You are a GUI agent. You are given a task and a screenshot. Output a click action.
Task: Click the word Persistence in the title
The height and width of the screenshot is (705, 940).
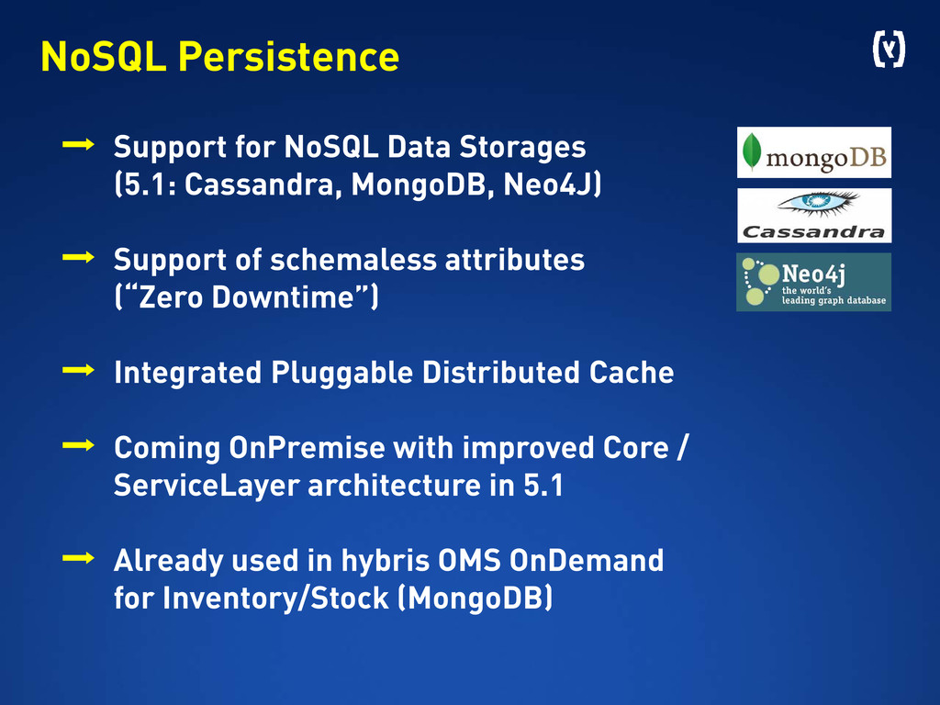click(x=288, y=57)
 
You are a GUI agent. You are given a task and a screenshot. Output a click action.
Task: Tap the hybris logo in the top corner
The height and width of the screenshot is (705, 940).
click(x=889, y=50)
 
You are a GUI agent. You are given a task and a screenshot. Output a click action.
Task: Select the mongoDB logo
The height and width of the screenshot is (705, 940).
click(x=813, y=152)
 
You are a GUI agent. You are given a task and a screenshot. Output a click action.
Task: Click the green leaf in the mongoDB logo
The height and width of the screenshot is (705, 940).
click(x=752, y=151)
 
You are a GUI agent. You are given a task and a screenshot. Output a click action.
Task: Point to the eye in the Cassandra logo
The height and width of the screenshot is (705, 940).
click(x=818, y=202)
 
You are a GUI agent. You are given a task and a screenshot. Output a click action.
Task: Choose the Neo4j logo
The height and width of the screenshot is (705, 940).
click(x=813, y=282)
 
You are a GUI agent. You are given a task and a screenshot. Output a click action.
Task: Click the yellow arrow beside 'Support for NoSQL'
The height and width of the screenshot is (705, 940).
click(x=78, y=144)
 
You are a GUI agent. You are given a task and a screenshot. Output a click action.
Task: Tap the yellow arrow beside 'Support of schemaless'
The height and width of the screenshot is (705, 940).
click(x=78, y=257)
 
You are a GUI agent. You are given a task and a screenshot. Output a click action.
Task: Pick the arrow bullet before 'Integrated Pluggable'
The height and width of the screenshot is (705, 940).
click(x=78, y=370)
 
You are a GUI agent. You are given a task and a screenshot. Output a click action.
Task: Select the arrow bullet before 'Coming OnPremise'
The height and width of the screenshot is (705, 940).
click(x=78, y=445)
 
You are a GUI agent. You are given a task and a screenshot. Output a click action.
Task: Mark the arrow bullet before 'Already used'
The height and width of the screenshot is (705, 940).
click(x=78, y=558)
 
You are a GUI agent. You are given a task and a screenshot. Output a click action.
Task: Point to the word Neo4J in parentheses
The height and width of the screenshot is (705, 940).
click(x=548, y=185)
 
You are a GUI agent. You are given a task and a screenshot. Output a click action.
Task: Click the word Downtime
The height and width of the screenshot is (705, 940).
click(x=283, y=297)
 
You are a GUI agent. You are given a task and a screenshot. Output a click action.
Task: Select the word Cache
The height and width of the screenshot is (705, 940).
click(x=632, y=373)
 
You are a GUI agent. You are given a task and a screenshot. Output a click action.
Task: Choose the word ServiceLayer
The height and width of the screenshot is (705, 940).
click(x=207, y=486)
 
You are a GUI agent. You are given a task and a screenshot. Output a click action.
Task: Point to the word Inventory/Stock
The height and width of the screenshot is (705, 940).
click(x=275, y=599)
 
